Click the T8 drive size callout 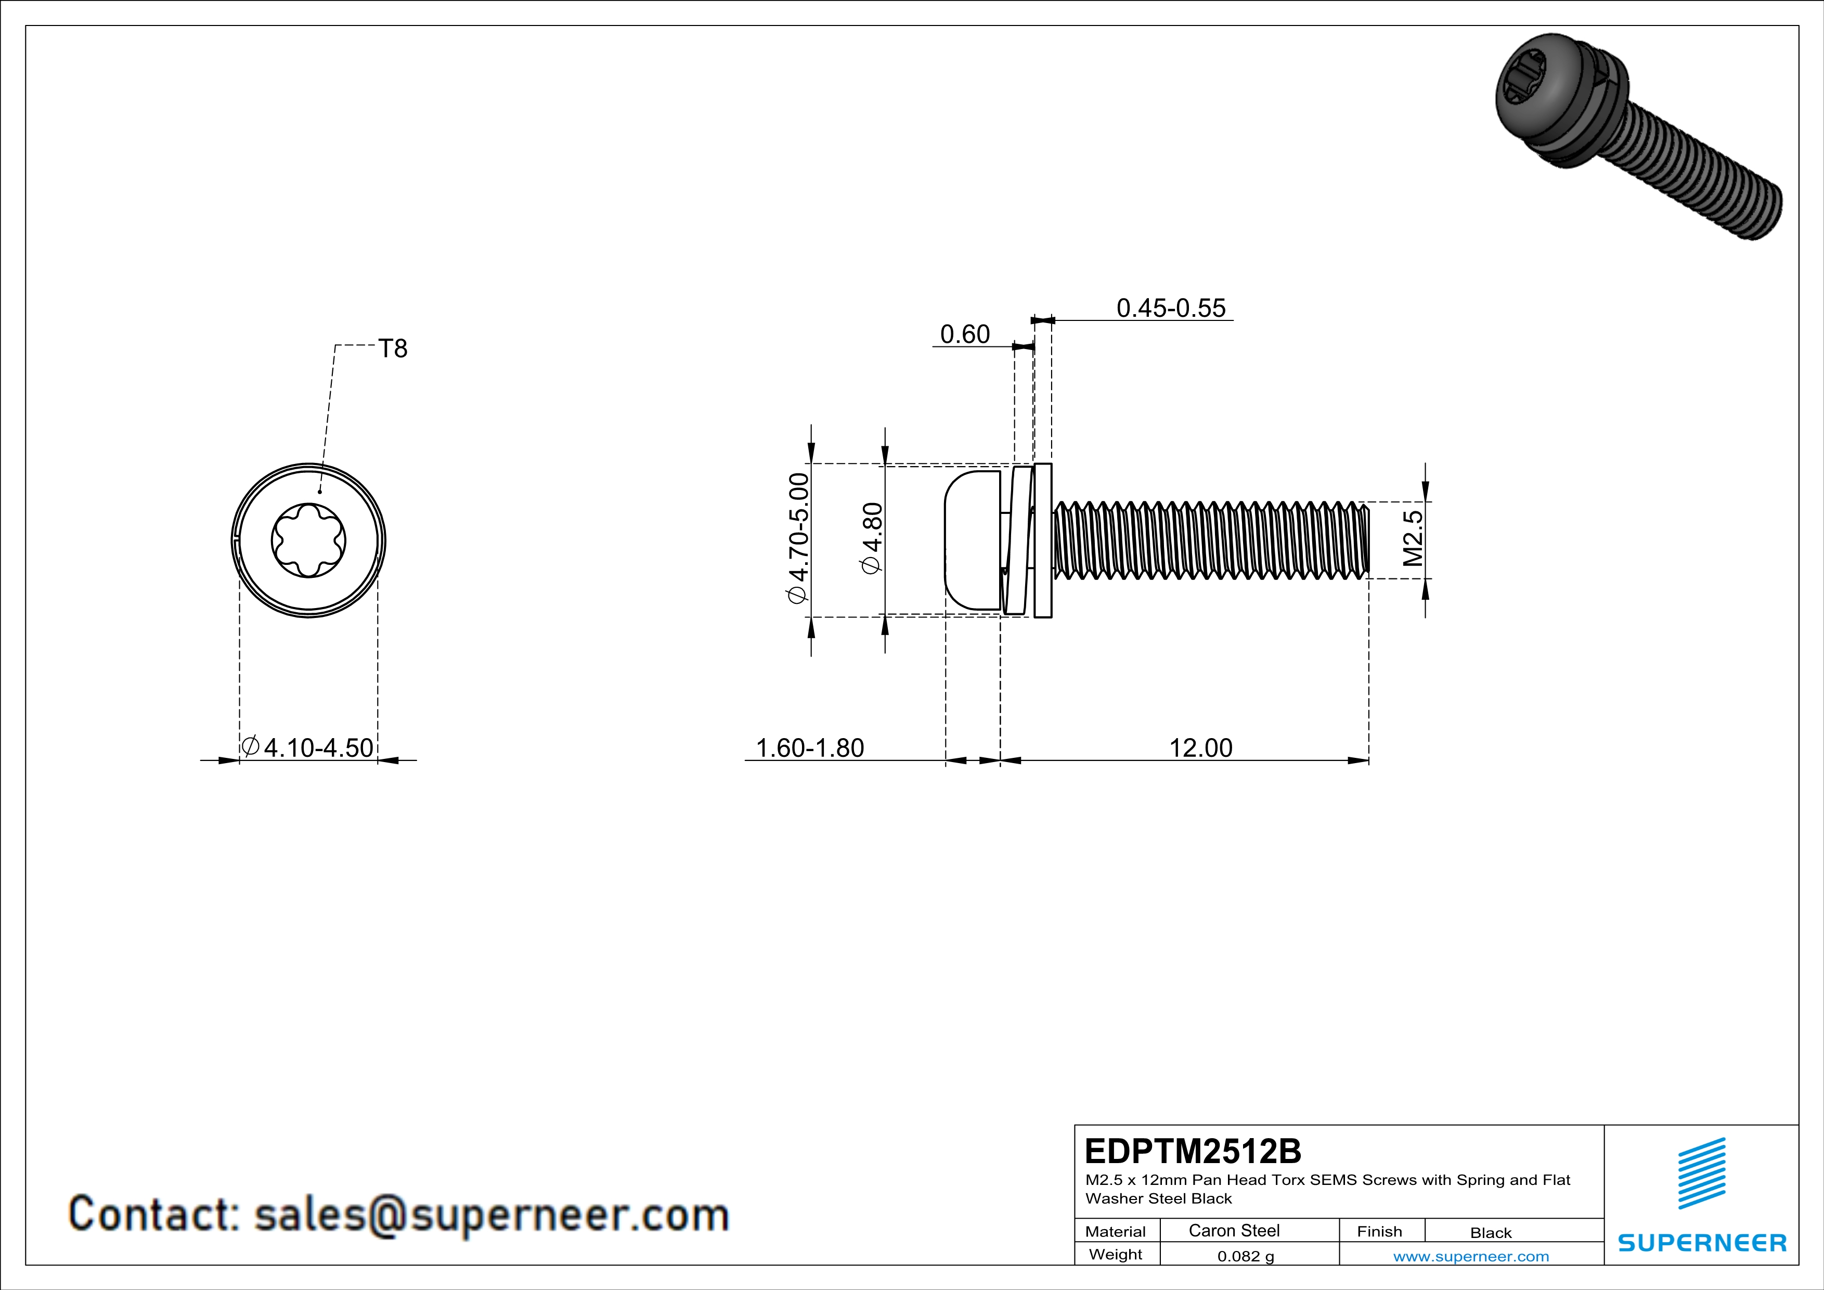tap(393, 349)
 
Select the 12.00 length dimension tap(1200, 747)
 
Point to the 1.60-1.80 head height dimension tap(809, 747)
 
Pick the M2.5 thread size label tap(1413, 538)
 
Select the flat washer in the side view tap(1043, 540)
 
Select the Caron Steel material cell tap(1234, 1230)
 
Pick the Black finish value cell tap(1490, 1233)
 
